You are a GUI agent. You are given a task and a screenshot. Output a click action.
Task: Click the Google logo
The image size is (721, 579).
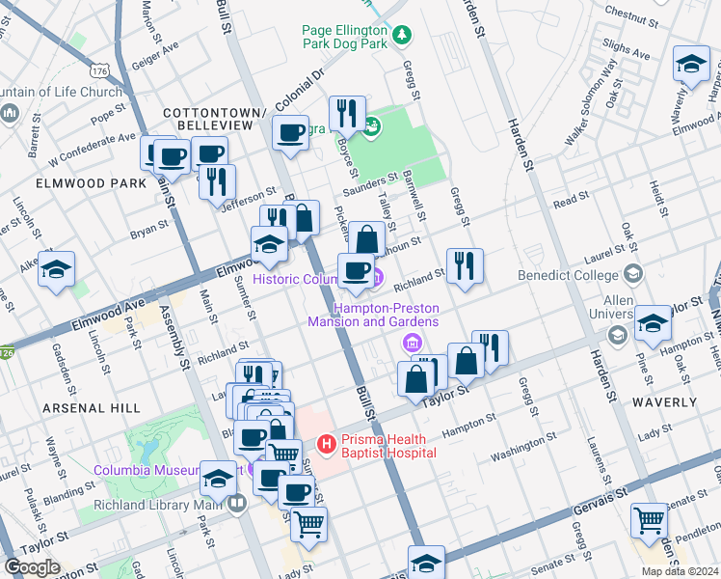33,567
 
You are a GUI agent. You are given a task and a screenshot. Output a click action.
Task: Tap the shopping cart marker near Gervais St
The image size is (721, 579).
648,520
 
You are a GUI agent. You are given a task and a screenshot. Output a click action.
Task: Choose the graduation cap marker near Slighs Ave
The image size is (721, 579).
691,64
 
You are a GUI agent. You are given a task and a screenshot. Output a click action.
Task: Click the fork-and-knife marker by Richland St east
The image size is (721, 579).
465,265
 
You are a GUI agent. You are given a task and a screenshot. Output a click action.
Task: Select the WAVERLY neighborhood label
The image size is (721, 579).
664,401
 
